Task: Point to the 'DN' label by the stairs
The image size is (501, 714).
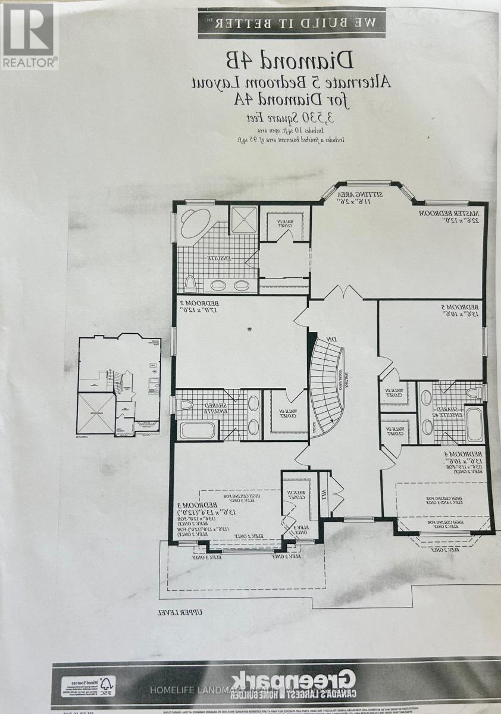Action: pos(331,339)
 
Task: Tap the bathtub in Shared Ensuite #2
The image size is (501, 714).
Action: pos(473,424)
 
